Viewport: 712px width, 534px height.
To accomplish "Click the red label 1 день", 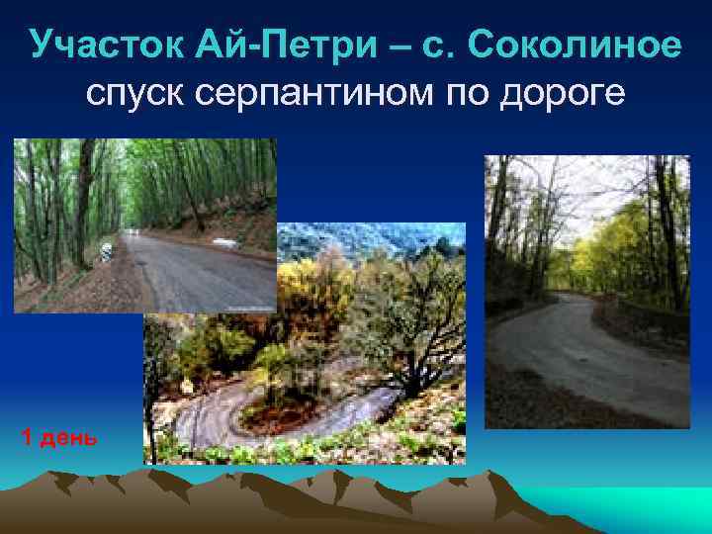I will click(x=59, y=437).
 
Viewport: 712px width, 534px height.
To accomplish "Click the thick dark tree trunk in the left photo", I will click(x=83, y=208).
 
